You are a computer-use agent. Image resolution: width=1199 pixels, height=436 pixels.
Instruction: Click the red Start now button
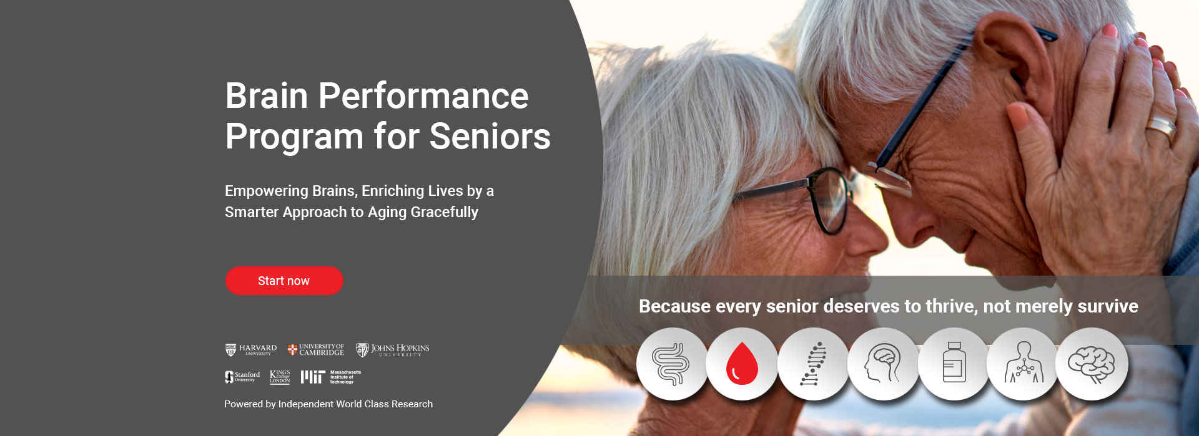(284, 281)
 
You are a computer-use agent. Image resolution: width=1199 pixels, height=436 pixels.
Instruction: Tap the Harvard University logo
(251, 350)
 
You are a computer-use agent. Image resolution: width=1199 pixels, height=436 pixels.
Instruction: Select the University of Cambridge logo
(316, 350)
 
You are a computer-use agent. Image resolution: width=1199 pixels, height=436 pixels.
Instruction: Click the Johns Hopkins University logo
(393, 350)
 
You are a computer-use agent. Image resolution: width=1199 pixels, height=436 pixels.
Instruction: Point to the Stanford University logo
(242, 377)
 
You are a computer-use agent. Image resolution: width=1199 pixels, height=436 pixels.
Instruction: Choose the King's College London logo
(280, 377)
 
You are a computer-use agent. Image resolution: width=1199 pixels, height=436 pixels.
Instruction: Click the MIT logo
(331, 377)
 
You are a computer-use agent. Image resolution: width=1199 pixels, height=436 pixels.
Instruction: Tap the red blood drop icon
(742, 364)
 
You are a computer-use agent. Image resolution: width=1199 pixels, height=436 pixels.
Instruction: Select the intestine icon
(671, 364)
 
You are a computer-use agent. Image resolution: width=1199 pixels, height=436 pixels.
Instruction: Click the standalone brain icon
(1092, 364)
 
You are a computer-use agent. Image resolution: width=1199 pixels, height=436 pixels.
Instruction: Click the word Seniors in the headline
(490, 137)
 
